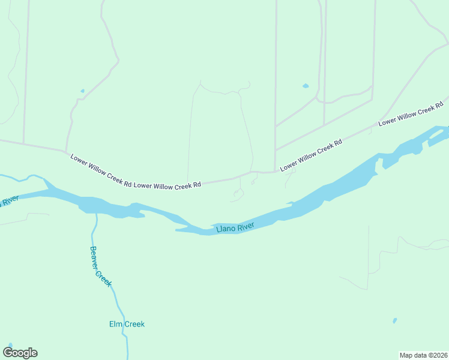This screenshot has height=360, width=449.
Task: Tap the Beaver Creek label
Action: (x=100, y=266)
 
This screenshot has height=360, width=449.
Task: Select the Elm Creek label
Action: (x=127, y=324)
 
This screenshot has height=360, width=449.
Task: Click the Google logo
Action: (x=20, y=353)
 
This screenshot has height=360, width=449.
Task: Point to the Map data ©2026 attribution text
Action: (x=423, y=355)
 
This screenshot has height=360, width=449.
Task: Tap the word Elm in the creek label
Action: (x=116, y=324)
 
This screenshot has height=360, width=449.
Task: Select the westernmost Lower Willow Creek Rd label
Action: (x=100, y=171)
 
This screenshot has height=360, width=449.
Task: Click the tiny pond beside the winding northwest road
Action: (x=82, y=91)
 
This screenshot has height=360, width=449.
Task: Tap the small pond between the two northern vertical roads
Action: (x=306, y=86)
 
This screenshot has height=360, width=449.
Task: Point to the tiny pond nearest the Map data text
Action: (x=394, y=321)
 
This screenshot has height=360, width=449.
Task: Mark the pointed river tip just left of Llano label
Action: (x=177, y=229)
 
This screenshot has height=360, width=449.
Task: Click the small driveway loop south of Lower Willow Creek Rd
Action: (x=238, y=194)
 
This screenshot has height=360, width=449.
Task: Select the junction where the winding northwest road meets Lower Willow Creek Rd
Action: (x=65, y=151)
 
